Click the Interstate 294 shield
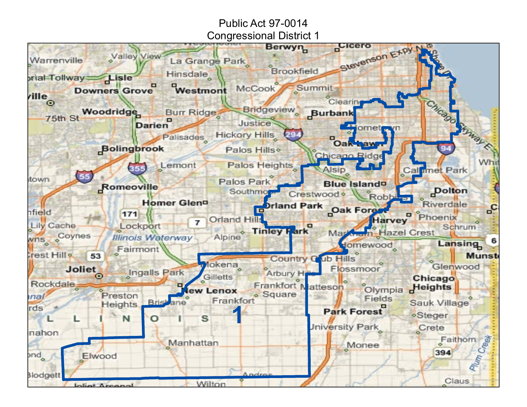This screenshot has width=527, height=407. (x=293, y=134)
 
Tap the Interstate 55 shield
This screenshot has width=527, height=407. (x=84, y=176)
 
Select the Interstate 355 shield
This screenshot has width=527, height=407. (x=137, y=168)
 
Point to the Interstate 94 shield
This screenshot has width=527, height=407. (x=446, y=148)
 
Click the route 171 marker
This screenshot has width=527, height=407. (x=129, y=214)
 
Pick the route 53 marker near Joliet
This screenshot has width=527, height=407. (x=95, y=256)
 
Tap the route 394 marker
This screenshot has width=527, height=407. (x=443, y=352)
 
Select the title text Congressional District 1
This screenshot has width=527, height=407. (x=263, y=36)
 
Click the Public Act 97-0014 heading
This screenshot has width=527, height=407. (x=263, y=23)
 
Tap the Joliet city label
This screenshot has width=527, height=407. (x=81, y=269)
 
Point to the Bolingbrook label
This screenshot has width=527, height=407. (x=133, y=149)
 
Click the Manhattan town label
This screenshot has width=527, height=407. (x=193, y=342)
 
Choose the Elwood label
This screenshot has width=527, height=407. (x=99, y=356)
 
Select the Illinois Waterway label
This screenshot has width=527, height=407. (x=152, y=237)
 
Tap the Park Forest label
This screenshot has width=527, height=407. (x=353, y=312)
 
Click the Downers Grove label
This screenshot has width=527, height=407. (x=113, y=91)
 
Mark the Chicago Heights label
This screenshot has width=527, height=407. (x=433, y=283)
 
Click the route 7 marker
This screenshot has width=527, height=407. (x=197, y=222)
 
